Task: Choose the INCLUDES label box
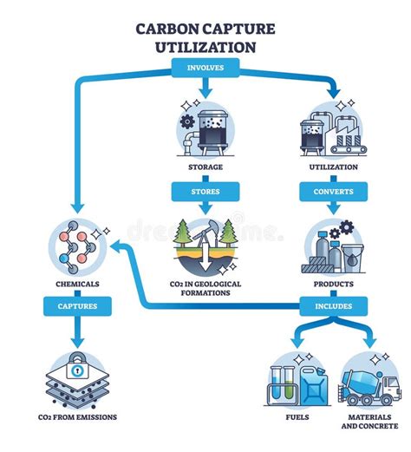pos(335,305)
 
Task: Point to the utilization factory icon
pos(335,130)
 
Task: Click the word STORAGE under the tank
pos(205,167)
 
